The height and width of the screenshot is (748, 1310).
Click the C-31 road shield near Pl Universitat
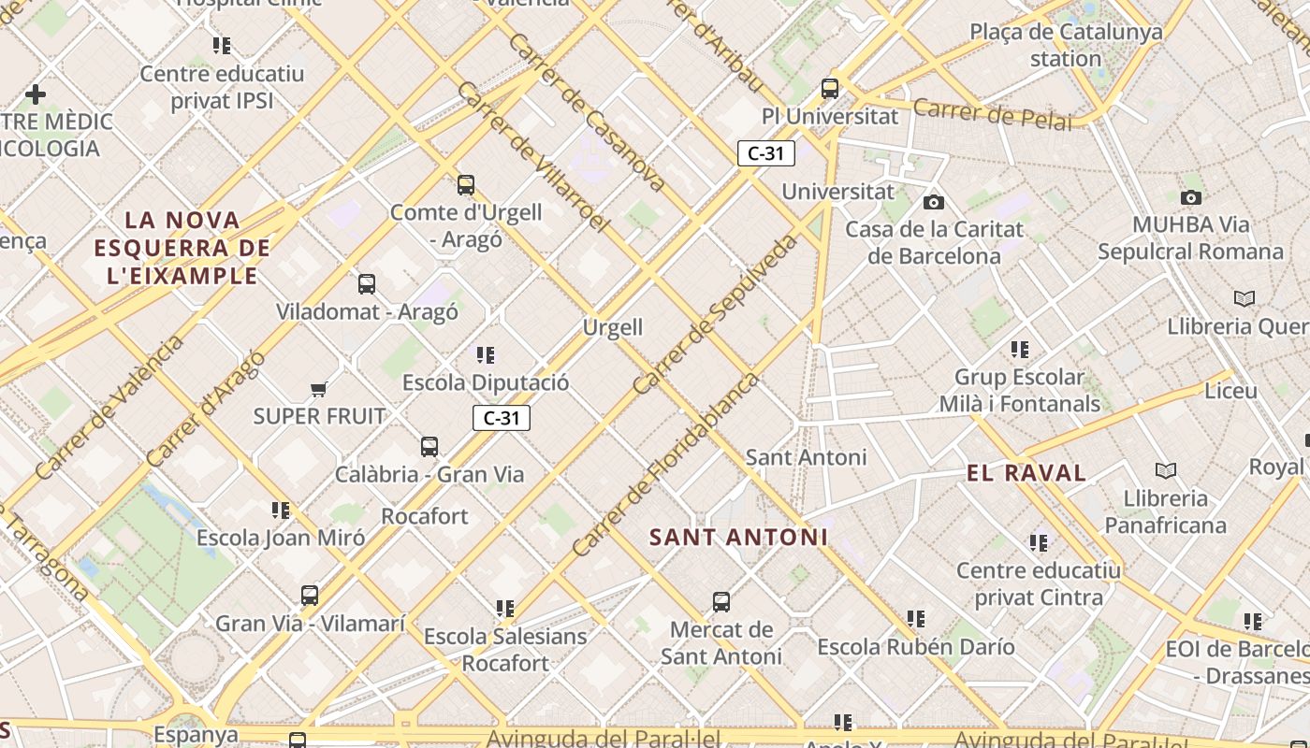[765, 153]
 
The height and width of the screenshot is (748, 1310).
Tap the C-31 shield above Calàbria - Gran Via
[502, 418]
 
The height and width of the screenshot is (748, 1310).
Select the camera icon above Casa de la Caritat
[933, 202]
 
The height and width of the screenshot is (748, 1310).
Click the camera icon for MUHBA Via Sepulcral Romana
[1190, 197]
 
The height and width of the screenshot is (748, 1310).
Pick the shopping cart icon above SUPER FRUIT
[318, 389]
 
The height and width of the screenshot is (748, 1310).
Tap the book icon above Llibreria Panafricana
[1166, 470]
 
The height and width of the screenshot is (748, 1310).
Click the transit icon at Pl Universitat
[829, 89]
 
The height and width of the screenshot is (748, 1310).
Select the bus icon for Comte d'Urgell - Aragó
[466, 185]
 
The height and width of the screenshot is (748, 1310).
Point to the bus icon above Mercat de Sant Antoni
[720, 602]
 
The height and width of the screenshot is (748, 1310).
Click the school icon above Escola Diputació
[485, 355]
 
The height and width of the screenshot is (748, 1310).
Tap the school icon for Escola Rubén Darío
[915, 619]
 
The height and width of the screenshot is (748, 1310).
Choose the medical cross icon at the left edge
[36, 94]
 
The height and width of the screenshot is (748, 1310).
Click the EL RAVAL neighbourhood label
[1026, 473]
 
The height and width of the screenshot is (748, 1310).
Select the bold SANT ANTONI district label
[738, 538]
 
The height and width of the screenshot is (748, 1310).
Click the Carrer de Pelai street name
[992, 114]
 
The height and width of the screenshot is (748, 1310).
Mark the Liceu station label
[1230, 391]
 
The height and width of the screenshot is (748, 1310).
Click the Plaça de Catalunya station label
[1066, 45]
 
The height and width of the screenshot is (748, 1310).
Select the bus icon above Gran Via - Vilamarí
[309, 596]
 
